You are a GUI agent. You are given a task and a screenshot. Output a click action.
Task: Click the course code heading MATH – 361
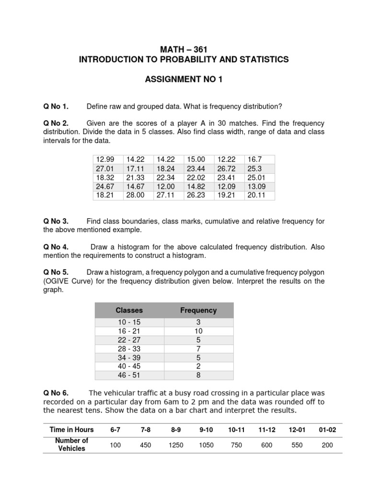[184, 49]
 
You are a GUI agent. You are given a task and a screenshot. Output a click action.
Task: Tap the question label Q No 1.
[56, 106]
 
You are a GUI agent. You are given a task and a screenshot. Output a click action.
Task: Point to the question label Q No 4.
[56, 247]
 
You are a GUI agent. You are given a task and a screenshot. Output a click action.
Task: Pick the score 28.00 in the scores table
[135, 196]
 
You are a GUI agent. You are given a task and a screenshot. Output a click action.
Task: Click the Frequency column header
[198, 310]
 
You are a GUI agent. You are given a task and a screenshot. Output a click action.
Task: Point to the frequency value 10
[198, 331]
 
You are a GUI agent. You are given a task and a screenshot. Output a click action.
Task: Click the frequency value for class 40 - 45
[198, 366]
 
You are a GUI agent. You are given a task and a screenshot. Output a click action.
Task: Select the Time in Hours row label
[72, 430]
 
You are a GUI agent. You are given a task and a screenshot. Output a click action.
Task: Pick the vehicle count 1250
[176, 445]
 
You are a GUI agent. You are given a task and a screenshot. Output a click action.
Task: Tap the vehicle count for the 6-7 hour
[115, 445]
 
